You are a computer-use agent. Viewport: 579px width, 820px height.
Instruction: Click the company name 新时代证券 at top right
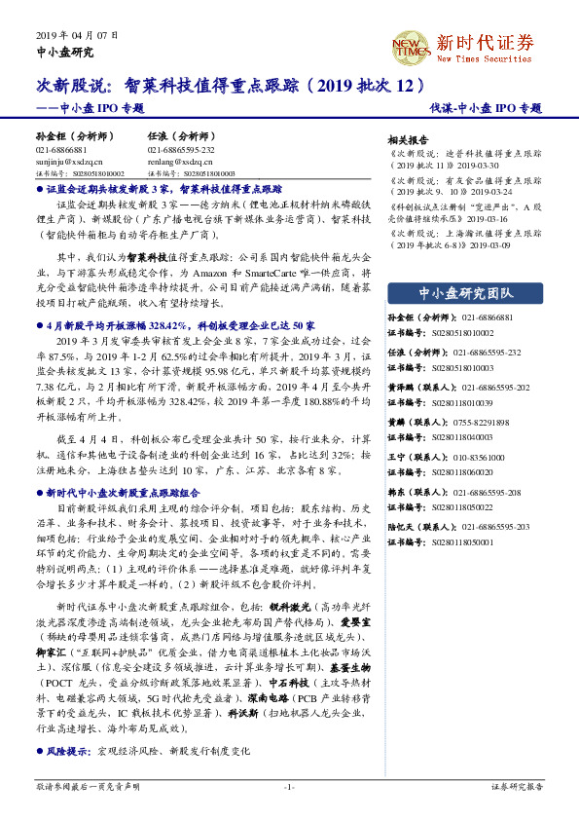coord(486,42)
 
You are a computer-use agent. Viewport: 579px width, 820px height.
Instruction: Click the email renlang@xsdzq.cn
coord(176,162)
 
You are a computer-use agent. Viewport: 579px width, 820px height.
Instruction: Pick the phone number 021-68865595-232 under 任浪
coord(181,151)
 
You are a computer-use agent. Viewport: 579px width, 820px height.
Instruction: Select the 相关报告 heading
coord(408,140)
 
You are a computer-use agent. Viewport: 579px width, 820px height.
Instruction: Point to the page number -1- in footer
coord(289,785)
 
